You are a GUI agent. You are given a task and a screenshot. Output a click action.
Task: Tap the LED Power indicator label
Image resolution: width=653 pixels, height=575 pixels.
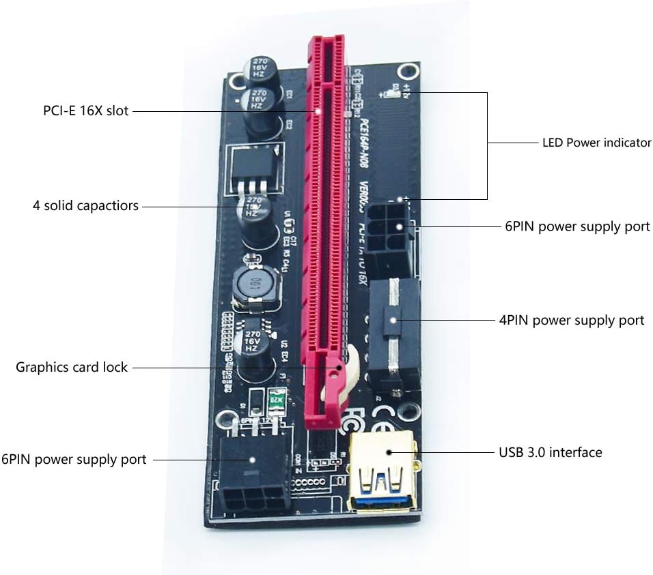(x=596, y=143)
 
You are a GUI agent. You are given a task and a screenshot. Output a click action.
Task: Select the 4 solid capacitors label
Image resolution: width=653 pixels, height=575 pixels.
(x=85, y=205)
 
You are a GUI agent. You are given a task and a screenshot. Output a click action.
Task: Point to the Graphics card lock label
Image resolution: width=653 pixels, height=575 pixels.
(x=72, y=367)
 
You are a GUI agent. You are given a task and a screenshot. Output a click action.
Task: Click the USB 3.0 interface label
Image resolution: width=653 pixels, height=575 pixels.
(x=550, y=452)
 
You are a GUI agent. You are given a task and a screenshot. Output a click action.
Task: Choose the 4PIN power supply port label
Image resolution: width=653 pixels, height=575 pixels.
(x=572, y=320)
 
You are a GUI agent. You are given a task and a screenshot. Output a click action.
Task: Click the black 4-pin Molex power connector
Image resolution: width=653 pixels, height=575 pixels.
(x=393, y=334)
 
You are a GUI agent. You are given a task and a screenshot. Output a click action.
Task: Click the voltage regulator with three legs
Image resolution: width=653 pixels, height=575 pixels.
(x=253, y=167)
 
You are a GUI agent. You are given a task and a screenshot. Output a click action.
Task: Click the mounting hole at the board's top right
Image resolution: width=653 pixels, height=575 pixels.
(x=408, y=71)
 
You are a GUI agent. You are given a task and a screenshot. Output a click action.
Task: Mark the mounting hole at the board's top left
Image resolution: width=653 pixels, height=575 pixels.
(x=237, y=82)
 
